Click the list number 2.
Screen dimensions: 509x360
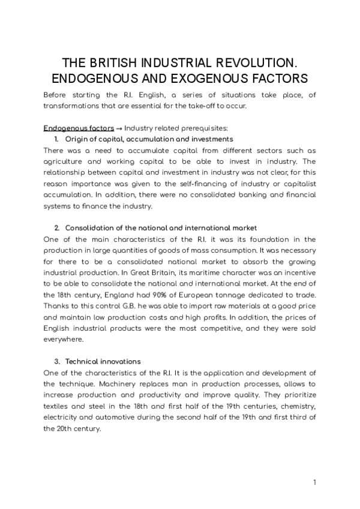(56, 228)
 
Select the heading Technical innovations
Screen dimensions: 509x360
(103, 362)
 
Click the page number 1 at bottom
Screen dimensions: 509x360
(314, 482)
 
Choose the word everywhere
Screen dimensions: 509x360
(62, 340)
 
